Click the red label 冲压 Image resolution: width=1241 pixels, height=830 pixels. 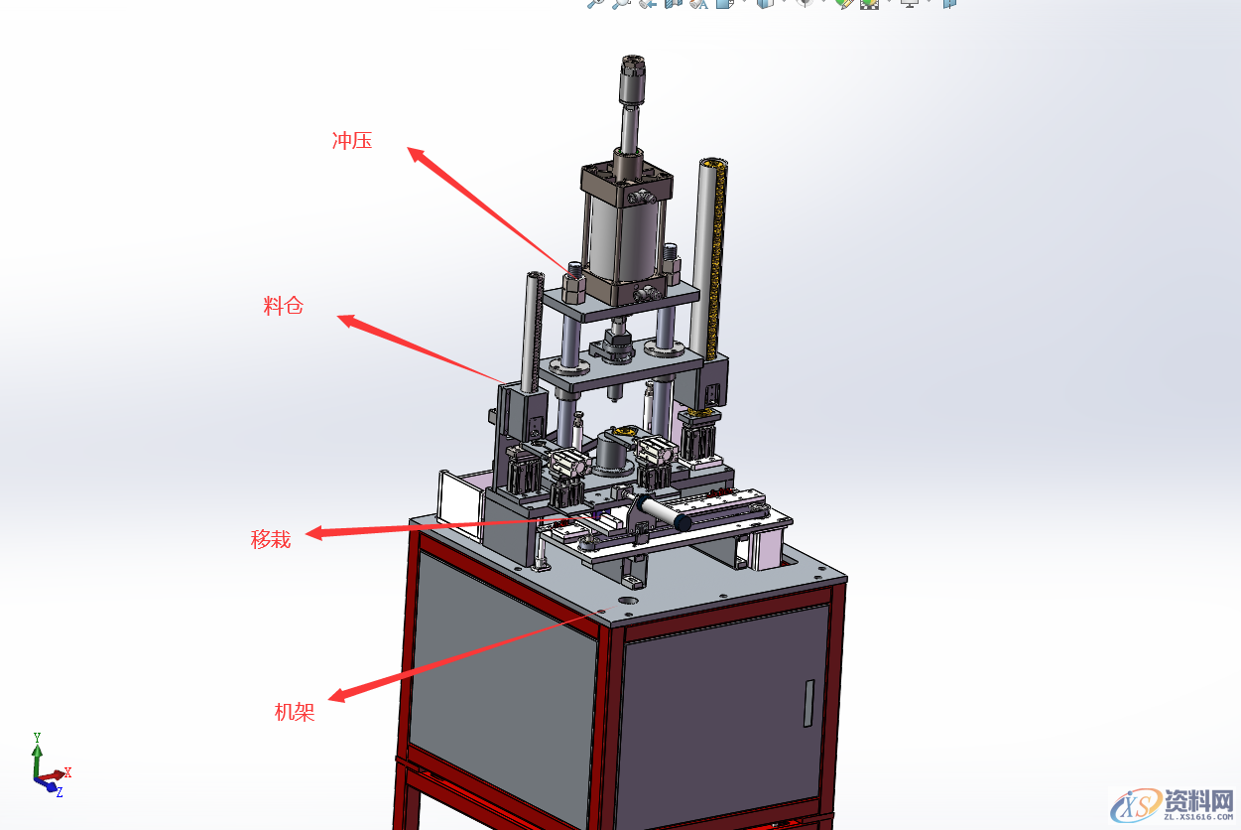click(352, 141)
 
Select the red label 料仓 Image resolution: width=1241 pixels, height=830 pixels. click(283, 306)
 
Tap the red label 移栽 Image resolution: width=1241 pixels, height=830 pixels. click(271, 539)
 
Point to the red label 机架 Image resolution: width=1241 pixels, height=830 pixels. click(295, 712)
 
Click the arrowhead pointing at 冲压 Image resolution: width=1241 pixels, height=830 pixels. click(416, 155)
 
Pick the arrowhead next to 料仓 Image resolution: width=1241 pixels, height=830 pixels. click(348, 321)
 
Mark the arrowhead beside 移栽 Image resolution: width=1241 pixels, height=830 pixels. click(315, 533)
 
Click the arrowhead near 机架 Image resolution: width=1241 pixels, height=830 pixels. click(338, 694)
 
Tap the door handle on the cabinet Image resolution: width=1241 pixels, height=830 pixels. click(808, 703)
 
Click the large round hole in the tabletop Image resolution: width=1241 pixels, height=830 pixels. click(628, 601)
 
